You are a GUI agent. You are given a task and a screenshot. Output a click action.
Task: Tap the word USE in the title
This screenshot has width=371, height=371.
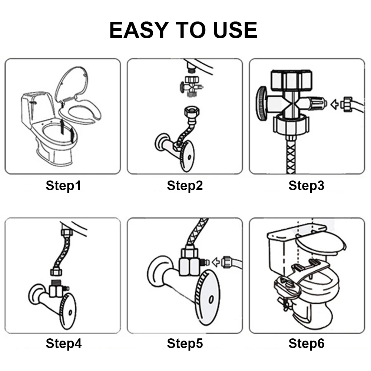pyautogui.click(x=235, y=30)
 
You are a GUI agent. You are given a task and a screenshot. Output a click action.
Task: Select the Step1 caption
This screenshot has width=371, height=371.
pyautogui.click(x=63, y=185)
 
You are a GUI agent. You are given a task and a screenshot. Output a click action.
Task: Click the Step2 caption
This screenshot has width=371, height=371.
pyautogui.click(x=185, y=185)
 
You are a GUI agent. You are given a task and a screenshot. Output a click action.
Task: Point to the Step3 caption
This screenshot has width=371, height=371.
pyautogui.click(x=307, y=185)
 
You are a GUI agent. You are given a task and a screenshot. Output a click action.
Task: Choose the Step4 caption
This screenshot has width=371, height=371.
pyautogui.click(x=64, y=343)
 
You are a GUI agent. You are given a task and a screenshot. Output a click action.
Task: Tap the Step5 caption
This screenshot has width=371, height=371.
pyautogui.click(x=185, y=343)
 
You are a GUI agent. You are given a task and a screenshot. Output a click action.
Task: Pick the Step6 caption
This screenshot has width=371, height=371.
pyautogui.click(x=307, y=343)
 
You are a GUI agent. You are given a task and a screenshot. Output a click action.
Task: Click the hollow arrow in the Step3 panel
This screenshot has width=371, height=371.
pyautogui.click(x=334, y=104)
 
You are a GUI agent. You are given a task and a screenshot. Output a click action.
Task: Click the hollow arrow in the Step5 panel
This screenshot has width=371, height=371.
pyautogui.click(x=216, y=262)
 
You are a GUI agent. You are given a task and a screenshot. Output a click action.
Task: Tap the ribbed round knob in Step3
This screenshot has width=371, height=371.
pyautogui.click(x=261, y=104)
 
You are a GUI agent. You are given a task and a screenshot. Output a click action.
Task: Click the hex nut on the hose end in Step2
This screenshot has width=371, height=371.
pyautogui.click(x=192, y=112)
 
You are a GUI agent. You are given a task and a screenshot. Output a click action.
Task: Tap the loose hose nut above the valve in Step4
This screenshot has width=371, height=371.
pyautogui.click(x=56, y=272)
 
